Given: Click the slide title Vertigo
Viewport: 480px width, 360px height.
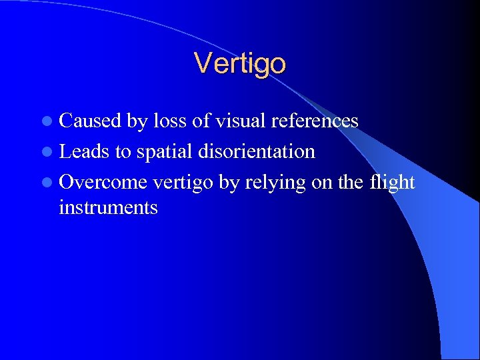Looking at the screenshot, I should pyautogui.click(x=240, y=63).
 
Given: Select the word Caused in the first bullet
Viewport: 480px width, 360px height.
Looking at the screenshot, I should pyautogui.click(x=90, y=121).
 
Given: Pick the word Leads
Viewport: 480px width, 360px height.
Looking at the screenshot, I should pyautogui.click(x=85, y=151).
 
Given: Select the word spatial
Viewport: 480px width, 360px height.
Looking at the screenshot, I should pyautogui.click(x=166, y=152).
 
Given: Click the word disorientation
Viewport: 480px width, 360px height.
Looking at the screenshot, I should pyautogui.click(x=257, y=151).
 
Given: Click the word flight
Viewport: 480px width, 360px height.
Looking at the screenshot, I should pyautogui.click(x=392, y=183).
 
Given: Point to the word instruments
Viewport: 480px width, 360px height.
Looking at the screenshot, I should pyautogui.click(x=108, y=208).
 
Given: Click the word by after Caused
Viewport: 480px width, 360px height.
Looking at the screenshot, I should pyautogui.click(x=137, y=121).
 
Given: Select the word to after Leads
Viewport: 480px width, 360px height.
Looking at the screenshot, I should pyautogui.click(x=123, y=152).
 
